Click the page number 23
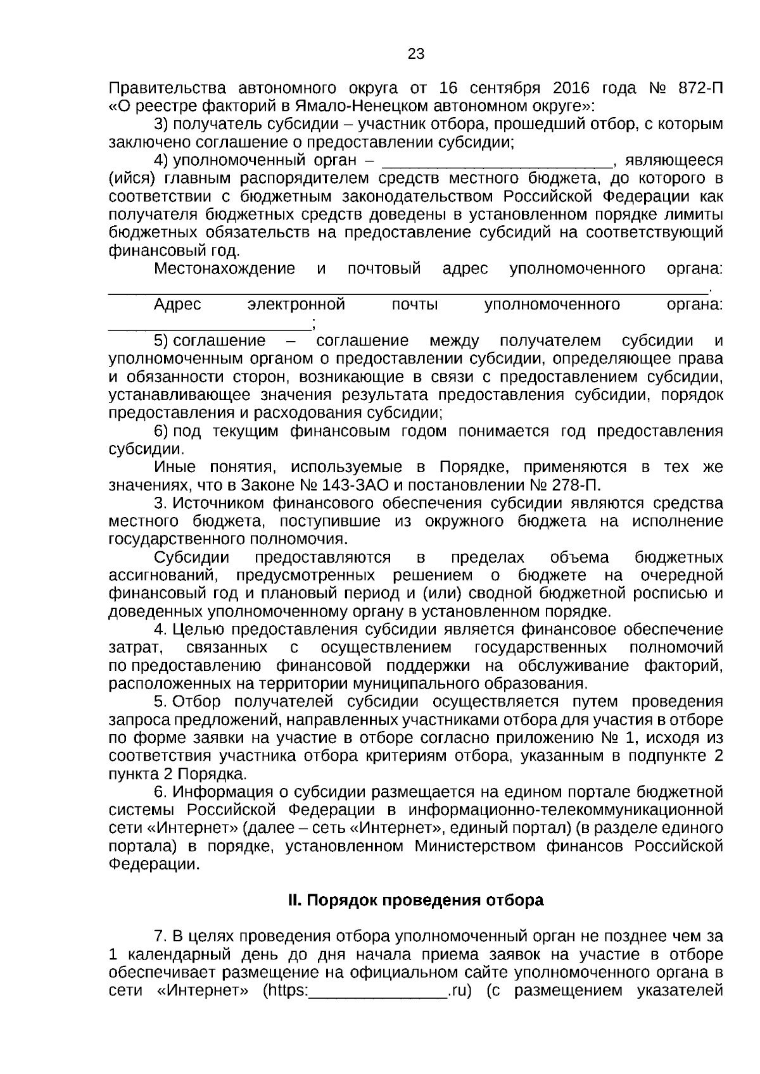(x=416, y=54)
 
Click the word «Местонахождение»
(x=224, y=269)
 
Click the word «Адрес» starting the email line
(x=177, y=305)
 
